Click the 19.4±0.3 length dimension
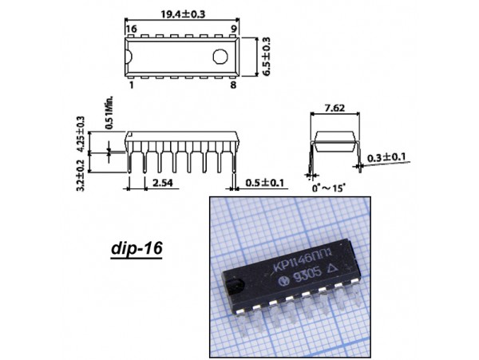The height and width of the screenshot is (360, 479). coord(183,14)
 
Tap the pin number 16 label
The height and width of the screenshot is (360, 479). coord(132,29)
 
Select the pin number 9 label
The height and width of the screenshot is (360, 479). coord(233,29)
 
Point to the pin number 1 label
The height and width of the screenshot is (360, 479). coord(132,85)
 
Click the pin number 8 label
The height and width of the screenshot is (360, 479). coord(233,85)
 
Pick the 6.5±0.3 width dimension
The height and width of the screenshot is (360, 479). coord(266,57)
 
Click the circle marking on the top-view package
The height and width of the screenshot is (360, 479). coord(220,57)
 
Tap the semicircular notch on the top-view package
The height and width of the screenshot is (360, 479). coord(129,57)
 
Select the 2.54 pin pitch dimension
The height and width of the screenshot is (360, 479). coord(163,183)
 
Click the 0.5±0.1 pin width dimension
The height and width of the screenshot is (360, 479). coord(264,183)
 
